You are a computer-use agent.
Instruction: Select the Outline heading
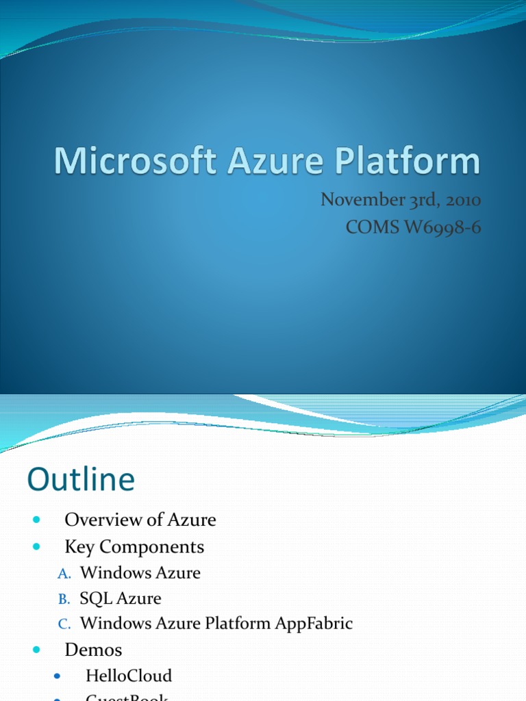(x=81, y=479)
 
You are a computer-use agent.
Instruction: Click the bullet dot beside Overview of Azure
(x=36, y=520)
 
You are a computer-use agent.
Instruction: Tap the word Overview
(x=96, y=520)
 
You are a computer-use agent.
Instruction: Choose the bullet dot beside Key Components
(x=36, y=547)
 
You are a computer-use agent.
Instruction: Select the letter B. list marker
(x=63, y=599)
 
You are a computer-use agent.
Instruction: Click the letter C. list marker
(x=63, y=624)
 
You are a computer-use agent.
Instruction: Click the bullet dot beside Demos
(x=36, y=649)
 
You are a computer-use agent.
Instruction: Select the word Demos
(x=93, y=649)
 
